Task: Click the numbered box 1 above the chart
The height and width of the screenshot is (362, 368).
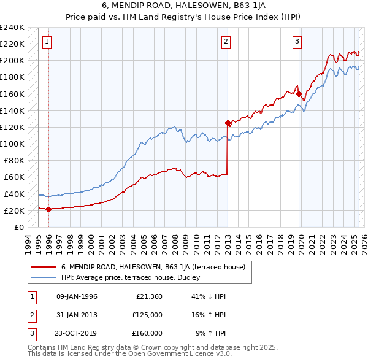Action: pos(47,42)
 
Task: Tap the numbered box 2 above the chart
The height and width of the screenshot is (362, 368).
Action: pos(226,42)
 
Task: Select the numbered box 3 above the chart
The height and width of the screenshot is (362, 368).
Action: pos(297,42)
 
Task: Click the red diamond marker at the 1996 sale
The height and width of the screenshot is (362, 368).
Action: pos(48,209)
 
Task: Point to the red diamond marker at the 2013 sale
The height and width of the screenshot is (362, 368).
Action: pos(228,123)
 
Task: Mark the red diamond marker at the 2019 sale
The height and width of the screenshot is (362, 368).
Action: pos(299,94)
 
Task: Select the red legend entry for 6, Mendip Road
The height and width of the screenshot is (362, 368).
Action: pos(153,267)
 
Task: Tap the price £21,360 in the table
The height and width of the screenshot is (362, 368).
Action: pos(147,296)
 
